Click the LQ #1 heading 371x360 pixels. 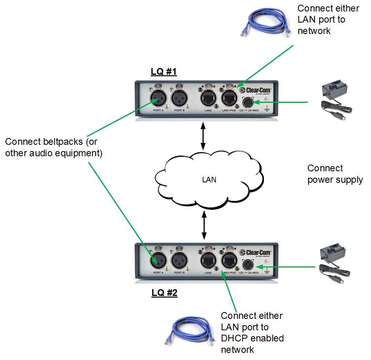pyautogui.click(x=164, y=72)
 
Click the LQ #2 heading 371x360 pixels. pyautogui.click(x=164, y=293)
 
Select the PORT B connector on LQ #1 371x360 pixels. pyautogui.click(x=179, y=96)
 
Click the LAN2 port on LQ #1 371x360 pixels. pyautogui.click(x=208, y=97)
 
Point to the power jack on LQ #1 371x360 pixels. pyautogui.click(x=249, y=102)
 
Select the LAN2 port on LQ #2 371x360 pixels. pyautogui.click(x=208, y=260)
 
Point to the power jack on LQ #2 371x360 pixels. pyautogui.click(x=249, y=265)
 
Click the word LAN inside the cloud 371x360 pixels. pyautogui.click(x=209, y=180)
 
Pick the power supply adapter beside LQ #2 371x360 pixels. pyautogui.click(x=336, y=262)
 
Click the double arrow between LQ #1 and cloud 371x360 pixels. pyautogui.click(x=203, y=136)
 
